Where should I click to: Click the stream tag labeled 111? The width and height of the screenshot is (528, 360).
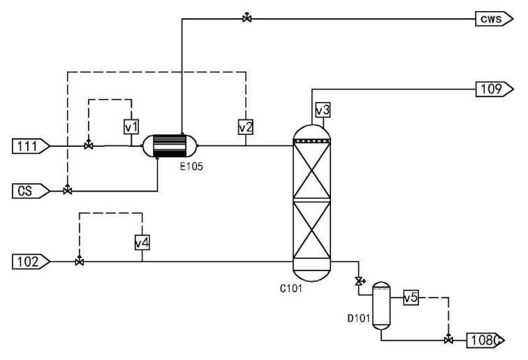(x=30, y=146)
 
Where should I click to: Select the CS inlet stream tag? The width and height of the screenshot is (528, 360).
(x=30, y=189)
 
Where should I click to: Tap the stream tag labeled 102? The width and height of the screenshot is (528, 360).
(x=30, y=262)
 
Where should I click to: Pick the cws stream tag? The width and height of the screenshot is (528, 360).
(x=495, y=19)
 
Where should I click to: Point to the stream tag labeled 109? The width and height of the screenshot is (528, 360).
(x=495, y=88)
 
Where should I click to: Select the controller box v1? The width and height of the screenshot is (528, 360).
(x=131, y=127)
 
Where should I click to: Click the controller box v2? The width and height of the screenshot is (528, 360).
(x=246, y=127)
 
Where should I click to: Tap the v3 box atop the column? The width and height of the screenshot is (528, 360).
(x=322, y=110)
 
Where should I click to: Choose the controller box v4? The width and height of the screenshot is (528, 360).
(x=142, y=242)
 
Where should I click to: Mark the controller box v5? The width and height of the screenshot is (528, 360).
(x=411, y=298)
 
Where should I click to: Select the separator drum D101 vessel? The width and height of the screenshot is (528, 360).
(x=381, y=305)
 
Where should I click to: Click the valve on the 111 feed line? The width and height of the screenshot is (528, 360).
(x=89, y=146)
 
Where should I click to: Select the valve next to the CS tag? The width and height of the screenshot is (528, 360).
(x=67, y=190)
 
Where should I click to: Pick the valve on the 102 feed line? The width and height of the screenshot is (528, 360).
(x=79, y=262)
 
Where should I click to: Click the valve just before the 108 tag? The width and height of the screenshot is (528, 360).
(x=447, y=340)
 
